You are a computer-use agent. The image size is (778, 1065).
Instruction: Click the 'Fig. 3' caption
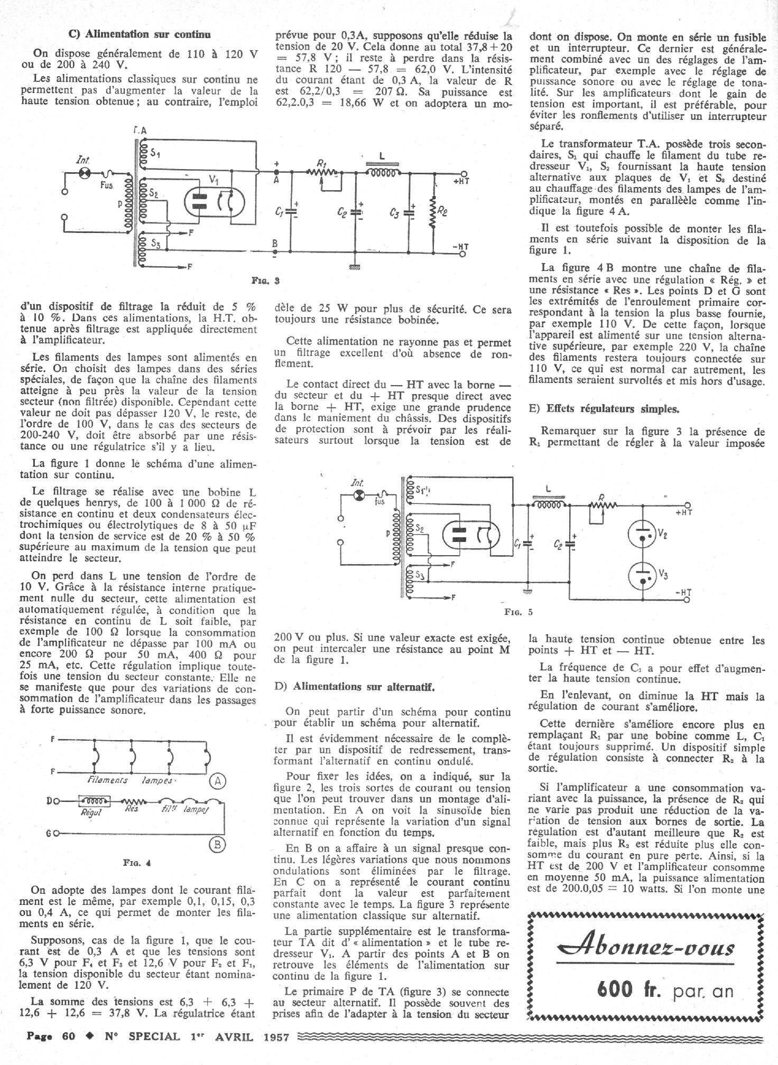pyautogui.click(x=266, y=281)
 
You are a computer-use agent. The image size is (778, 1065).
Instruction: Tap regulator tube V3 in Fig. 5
pyautogui.click(x=642, y=575)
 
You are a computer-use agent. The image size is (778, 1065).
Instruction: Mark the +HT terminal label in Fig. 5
pyautogui.click(x=683, y=512)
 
